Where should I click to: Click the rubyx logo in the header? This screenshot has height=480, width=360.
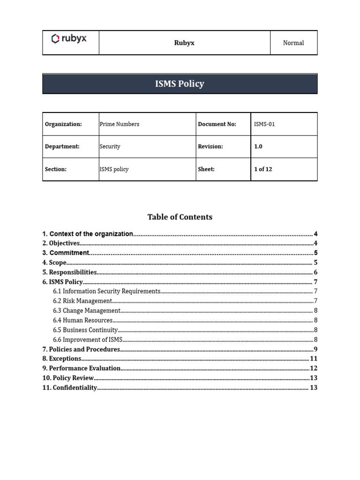pos(69,38)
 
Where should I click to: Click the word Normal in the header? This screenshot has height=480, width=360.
pos(293,43)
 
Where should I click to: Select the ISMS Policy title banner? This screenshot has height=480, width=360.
pos(180,84)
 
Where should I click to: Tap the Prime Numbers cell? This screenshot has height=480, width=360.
pos(119,124)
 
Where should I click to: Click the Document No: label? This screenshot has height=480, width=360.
pos(217,124)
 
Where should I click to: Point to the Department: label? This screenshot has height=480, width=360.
pos(62,146)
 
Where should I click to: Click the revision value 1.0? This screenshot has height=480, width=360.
pos(258,146)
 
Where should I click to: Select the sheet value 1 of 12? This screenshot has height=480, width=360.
pos(263,169)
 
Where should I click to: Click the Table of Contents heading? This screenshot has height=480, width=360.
pos(180,217)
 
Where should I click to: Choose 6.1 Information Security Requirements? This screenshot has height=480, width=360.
pos(106,292)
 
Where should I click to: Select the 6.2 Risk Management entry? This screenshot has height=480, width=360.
pos(82,301)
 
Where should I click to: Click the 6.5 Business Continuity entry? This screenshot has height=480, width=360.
pos(85,330)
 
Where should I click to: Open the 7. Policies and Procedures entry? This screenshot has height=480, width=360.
pos(82,349)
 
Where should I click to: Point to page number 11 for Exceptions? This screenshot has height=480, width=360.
pos(314,359)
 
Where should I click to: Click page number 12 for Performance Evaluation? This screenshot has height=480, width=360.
pos(314,368)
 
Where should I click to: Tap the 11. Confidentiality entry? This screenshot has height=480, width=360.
pos(70,388)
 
